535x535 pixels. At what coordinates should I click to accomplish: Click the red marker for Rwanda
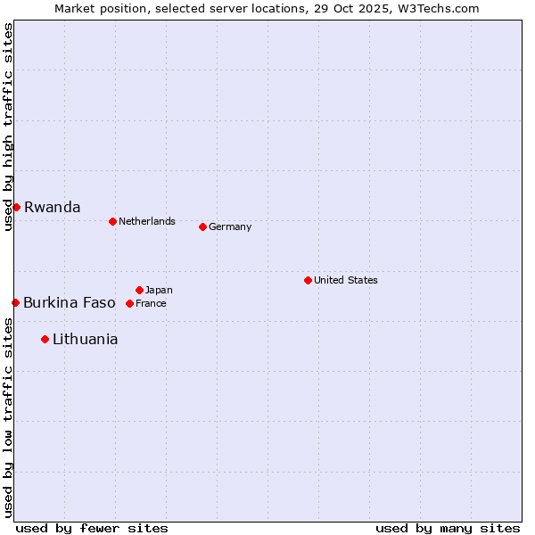coord(16,207)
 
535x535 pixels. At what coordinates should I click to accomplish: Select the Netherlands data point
coord(112,221)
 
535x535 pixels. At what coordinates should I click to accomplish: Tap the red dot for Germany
coord(202,226)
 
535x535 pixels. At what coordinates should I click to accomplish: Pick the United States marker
coord(308,280)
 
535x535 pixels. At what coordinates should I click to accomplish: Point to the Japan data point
coord(139,290)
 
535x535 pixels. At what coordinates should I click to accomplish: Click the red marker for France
coord(129,303)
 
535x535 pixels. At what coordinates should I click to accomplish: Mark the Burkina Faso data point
coord(15,302)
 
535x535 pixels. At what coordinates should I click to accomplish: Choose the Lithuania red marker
coord(45,339)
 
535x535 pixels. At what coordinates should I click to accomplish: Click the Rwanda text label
coord(52,207)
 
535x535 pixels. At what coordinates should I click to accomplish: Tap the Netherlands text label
coord(147,221)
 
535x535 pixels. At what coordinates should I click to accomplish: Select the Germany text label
coord(230,226)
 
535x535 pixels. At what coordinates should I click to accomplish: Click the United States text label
coord(346,280)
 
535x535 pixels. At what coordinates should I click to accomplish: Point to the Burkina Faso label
coord(70,302)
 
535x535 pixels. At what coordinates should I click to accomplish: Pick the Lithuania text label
coord(85,339)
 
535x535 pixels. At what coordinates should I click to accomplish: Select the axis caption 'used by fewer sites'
coord(92,528)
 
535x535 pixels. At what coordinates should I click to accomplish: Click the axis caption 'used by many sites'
coord(448,528)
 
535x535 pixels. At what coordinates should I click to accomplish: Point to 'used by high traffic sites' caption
coord(8,127)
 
